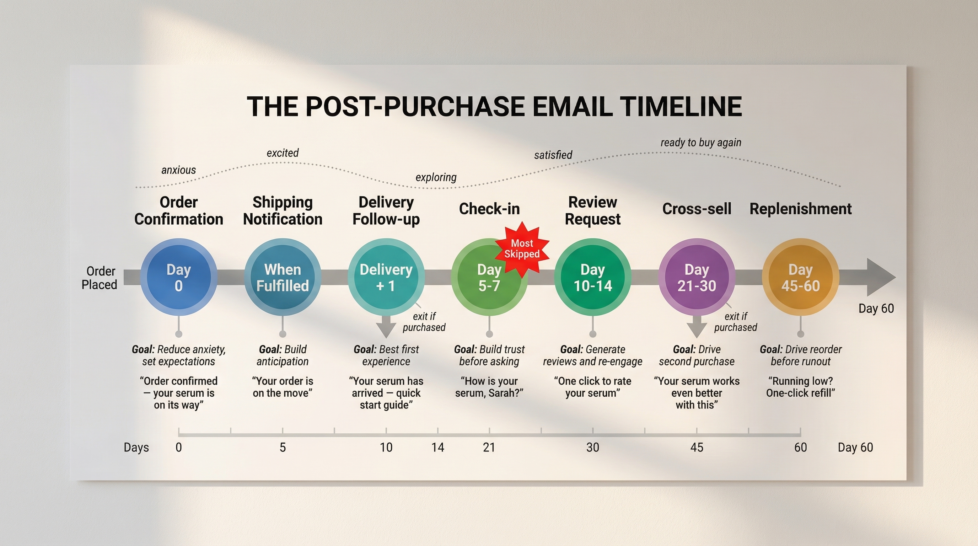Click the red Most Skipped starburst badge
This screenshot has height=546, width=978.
tap(522, 249)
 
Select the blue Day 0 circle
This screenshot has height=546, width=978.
tap(178, 277)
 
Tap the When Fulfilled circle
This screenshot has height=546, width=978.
tap(283, 277)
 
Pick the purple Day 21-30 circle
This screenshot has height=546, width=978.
tap(696, 277)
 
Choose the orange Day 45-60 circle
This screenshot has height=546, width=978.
tap(800, 277)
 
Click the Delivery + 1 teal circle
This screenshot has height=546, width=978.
tap(386, 277)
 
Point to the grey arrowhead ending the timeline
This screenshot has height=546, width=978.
tap(881, 277)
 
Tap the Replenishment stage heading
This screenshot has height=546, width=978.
tap(800, 209)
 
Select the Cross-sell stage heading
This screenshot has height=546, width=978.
tap(696, 209)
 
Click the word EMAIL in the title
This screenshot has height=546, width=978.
tap(573, 106)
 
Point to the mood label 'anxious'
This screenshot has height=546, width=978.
tap(178, 170)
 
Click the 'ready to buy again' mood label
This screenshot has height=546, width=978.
tap(700, 143)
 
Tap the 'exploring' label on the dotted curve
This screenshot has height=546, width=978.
tap(436, 177)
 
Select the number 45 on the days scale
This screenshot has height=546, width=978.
tap(696, 447)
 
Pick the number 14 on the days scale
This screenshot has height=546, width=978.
tap(437, 447)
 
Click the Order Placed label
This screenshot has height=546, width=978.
tap(100, 278)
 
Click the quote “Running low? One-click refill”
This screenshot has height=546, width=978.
tap(800, 387)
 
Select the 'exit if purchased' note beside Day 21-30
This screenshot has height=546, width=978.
tap(735, 322)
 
